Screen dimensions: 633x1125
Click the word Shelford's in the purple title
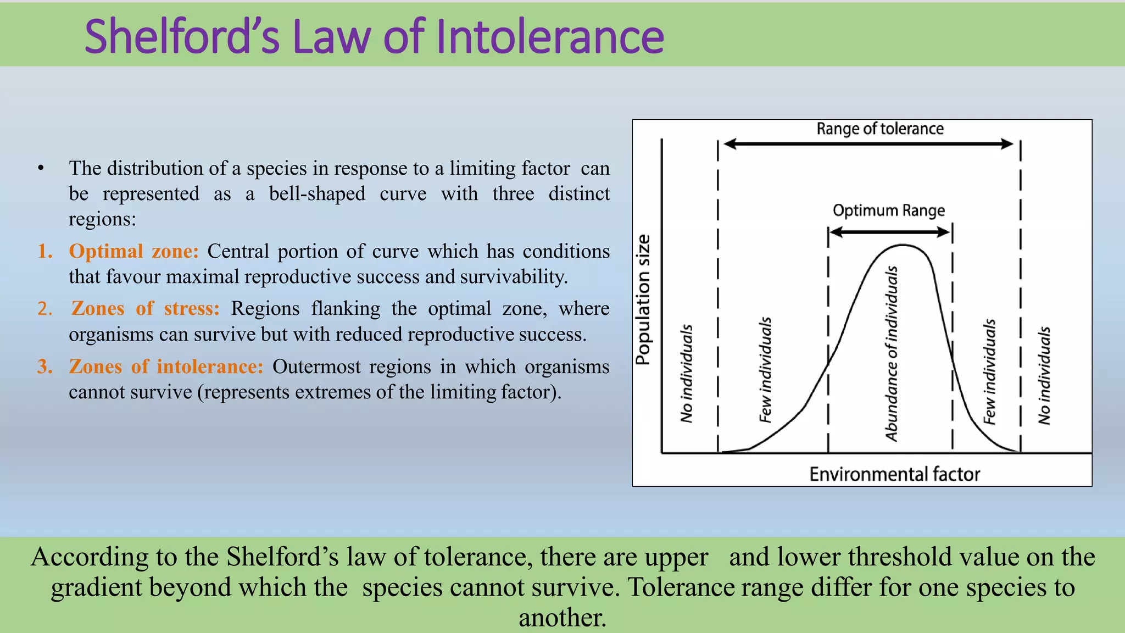pos(182,37)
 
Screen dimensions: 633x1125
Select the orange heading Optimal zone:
pos(133,251)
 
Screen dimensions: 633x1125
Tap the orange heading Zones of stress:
pos(145,308)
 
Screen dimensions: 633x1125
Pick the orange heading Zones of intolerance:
pos(166,367)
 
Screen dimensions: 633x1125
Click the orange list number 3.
pos(44,367)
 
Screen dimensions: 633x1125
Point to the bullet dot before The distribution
pos(41,169)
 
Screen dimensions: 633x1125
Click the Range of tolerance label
pos(879,129)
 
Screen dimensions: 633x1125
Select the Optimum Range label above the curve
pos(888,210)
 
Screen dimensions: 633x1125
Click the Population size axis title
pos(643,299)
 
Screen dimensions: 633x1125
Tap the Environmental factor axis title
pos(894,474)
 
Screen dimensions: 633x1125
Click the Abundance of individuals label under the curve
pos(892,353)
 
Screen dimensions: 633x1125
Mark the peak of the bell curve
pos(903,245)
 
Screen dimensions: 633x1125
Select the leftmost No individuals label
pos(686,374)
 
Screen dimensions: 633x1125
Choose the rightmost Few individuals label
pos(989,372)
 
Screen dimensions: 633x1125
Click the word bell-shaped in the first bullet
pos(317,194)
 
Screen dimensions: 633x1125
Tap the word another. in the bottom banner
pos(562,618)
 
